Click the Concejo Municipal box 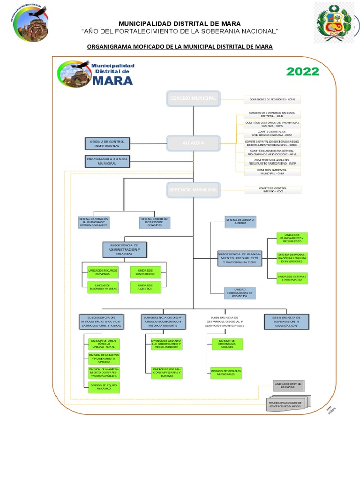coord(193,98)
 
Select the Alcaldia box coord(193,142)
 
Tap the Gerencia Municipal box coord(193,190)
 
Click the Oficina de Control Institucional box coord(106,142)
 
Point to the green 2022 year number coord(302,72)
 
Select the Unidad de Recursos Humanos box coord(102,272)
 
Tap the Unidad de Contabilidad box coord(145,272)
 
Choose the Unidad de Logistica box coord(145,287)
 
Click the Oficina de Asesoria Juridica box coord(240,222)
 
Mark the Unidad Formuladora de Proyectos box coord(240,292)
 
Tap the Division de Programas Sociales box coord(226,344)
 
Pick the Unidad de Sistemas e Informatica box coord(292,278)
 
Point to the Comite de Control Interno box coord(273,190)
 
